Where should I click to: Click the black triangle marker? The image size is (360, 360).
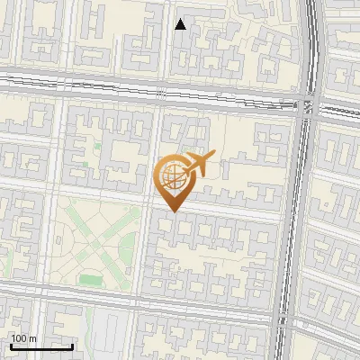tap(181, 24)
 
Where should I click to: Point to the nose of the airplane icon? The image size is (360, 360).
tap(214, 156)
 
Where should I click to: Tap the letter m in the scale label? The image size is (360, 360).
tap(33, 338)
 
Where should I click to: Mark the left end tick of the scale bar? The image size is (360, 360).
tap(11, 345)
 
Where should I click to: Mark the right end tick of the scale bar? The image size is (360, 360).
tap(72, 345)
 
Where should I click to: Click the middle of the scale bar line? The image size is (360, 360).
tap(41, 346)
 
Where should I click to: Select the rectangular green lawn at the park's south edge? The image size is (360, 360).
tap(91, 278)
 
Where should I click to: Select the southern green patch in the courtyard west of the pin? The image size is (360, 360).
tap(86, 165)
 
